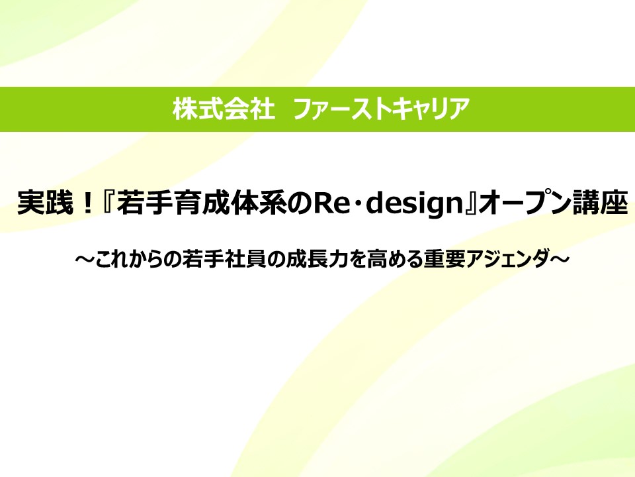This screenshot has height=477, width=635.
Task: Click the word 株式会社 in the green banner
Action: point(224,109)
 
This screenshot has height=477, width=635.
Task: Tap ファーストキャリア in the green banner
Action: point(381,109)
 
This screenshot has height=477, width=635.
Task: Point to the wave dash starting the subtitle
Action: point(85,259)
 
